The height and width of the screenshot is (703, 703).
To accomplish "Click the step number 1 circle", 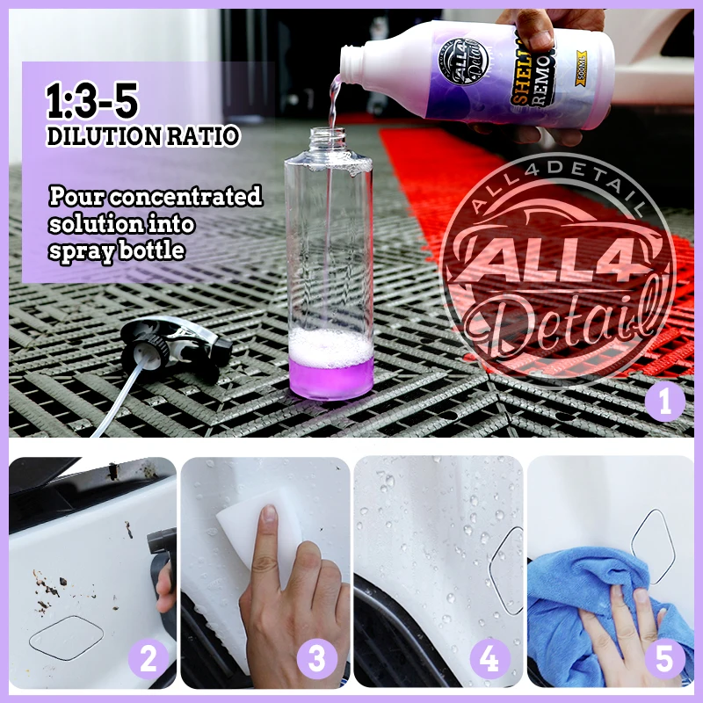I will (665, 402).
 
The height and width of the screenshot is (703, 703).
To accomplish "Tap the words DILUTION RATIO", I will (142, 137).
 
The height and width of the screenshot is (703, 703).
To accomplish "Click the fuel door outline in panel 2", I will (66, 637).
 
